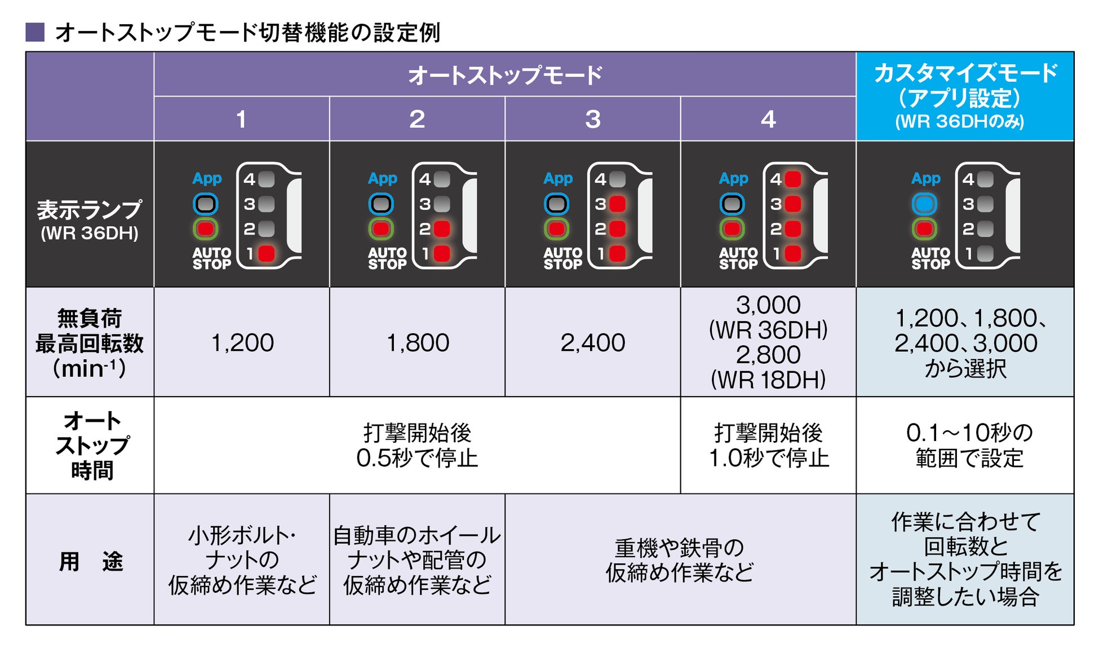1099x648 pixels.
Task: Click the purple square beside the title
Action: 35,32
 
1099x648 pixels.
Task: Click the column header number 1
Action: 241,119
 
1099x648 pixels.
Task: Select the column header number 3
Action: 592,119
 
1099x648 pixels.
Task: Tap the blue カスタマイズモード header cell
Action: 965,96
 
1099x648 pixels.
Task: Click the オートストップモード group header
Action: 504,75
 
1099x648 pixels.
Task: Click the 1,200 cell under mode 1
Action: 242,342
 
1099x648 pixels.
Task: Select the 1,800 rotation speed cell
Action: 418,342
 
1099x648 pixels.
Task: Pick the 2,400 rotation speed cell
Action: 592,342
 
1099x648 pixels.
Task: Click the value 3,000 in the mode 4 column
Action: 768,305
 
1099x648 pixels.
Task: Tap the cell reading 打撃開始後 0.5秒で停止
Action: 417,446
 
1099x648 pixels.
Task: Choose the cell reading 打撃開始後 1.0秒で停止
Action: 768,446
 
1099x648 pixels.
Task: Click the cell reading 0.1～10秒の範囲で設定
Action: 969,446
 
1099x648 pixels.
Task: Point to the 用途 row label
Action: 90,561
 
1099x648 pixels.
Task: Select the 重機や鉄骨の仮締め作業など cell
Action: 680,559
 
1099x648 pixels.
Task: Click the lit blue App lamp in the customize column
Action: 924,204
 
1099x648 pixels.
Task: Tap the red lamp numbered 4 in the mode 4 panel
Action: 793,179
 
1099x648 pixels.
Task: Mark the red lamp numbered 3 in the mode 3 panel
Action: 618,204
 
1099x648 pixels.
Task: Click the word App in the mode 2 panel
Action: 383,179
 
